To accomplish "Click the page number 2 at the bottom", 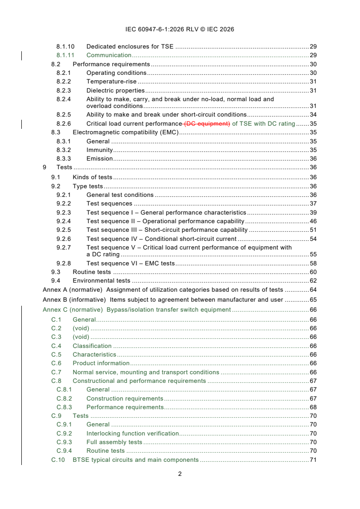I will click(x=180, y=474).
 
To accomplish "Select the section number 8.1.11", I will click(x=65, y=55).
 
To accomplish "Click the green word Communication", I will click(x=109, y=55).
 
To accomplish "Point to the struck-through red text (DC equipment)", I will click(x=207, y=123).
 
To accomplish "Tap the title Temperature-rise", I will click(x=111, y=82).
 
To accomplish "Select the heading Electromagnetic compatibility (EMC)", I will click(x=126, y=132).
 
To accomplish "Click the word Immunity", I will click(x=99, y=150).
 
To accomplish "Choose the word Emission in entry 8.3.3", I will click(x=99, y=159).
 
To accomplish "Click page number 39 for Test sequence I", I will click(x=313, y=213).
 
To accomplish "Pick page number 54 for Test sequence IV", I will click(x=313, y=239).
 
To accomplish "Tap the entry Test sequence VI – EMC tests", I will click(x=130, y=264).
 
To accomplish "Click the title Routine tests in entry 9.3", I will click(x=92, y=272).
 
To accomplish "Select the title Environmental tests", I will click(x=101, y=281).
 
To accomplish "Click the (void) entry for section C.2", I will click(x=81, y=328).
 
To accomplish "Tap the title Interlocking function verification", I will click(x=133, y=434).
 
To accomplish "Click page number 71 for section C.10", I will click(x=313, y=460).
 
